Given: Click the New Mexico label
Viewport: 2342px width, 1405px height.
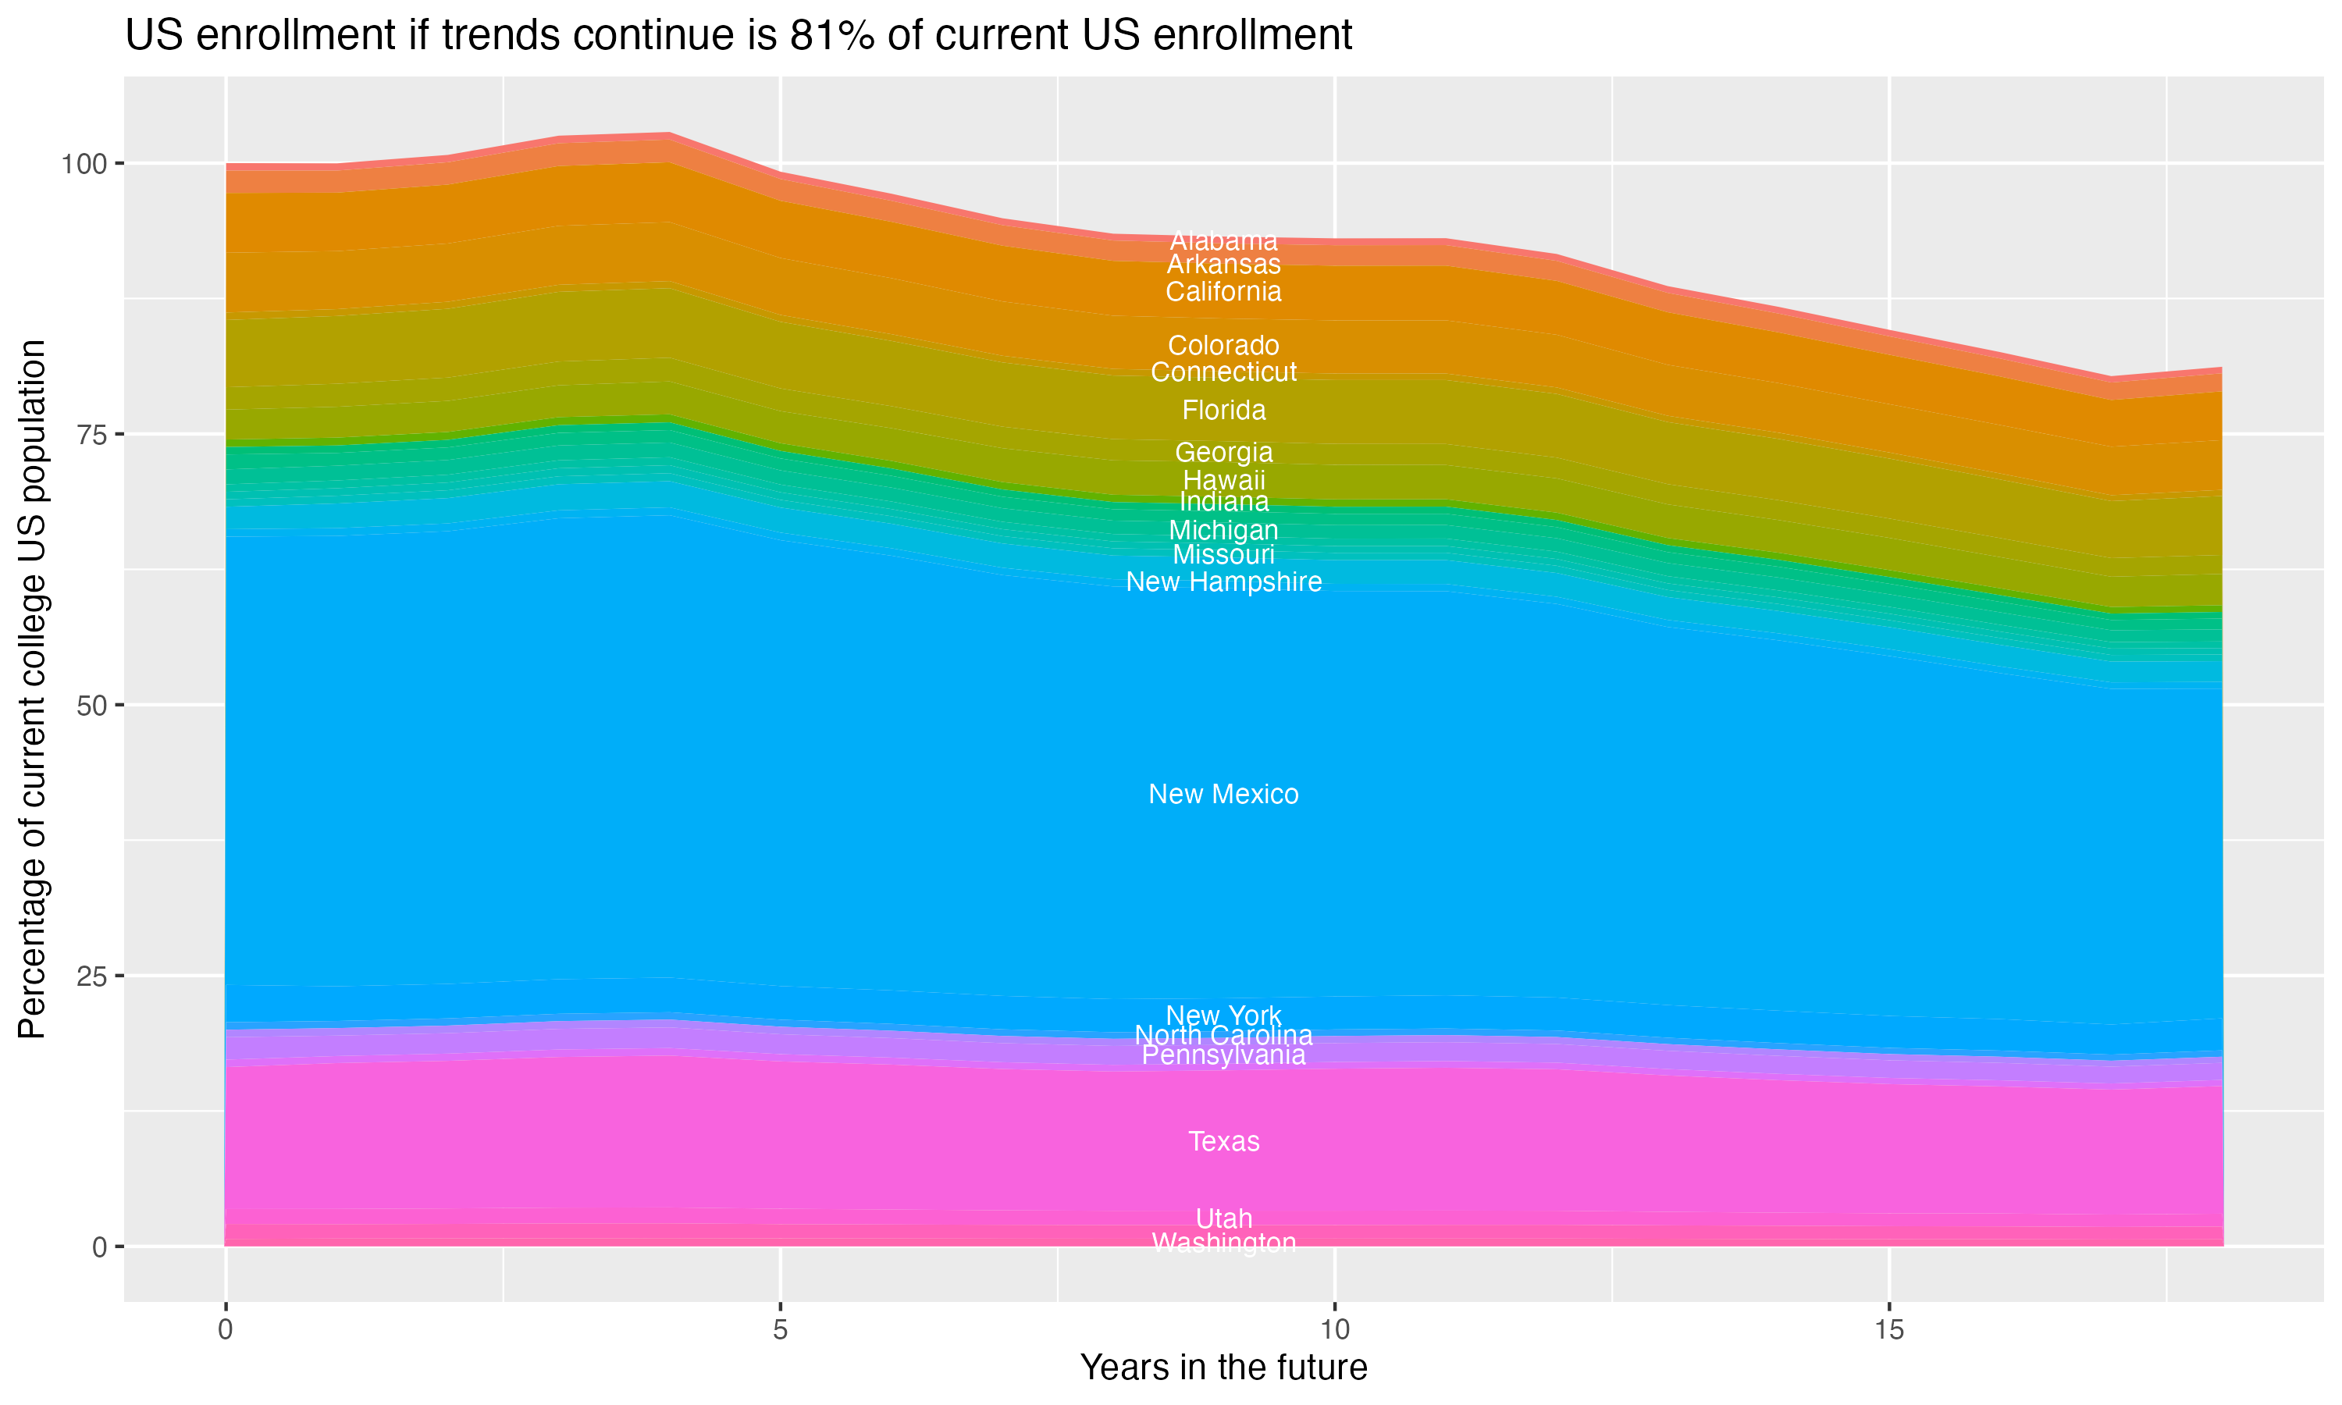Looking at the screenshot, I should click(x=1223, y=795).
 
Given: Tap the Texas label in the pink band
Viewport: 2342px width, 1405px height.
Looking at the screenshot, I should click(x=1223, y=1142).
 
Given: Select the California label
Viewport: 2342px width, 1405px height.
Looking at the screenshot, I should click(x=1223, y=292).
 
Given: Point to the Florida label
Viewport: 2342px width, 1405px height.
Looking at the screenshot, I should click(x=1223, y=410).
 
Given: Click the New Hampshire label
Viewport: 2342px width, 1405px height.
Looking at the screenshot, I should click(x=1223, y=582).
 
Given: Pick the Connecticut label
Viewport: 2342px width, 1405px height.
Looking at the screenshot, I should click(x=1223, y=372).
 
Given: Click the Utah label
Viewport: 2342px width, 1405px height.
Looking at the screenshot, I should click(x=1223, y=1218).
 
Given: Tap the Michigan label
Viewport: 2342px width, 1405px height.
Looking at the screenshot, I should click(x=1223, y=530).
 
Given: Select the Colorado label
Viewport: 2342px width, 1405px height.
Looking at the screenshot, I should click(x=1223, y=346).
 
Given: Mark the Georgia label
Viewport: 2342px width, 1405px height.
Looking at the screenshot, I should click(x=1223, y=453).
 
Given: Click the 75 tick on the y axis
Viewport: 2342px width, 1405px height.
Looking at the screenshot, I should click(x=88, y=435).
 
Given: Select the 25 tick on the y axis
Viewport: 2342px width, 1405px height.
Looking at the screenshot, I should click(x=88, y=976).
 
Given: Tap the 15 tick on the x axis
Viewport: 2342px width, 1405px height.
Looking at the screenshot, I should click(x=1888, y=1330).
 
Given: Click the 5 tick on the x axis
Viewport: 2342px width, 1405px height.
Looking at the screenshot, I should click(x=780, y=1330).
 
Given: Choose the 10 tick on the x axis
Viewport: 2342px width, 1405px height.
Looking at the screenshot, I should click(x=1334, y=1330).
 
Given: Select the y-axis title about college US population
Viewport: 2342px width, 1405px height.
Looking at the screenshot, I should click(x=32, y=688).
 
